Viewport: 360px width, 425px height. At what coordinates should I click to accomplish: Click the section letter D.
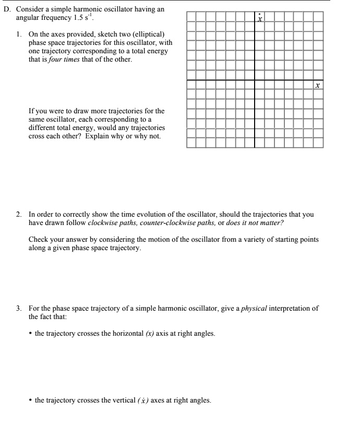click(6, 9)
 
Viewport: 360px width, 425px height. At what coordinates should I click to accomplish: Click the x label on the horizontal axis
click(317, 85)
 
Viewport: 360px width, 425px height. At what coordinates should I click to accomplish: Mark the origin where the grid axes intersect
click(255, 80)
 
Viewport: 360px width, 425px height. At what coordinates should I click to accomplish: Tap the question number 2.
click(19, 214)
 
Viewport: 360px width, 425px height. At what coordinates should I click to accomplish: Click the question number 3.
click(19, 308)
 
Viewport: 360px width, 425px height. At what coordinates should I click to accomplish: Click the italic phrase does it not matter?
click(255, 222)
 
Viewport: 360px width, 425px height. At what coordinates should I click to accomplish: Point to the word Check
click(39, 240)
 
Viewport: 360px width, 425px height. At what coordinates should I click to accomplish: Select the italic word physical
click(254, 308)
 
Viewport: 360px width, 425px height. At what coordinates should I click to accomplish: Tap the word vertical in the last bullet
click(125, 400)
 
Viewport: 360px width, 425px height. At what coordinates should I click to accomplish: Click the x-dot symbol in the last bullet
click(143, 400)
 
